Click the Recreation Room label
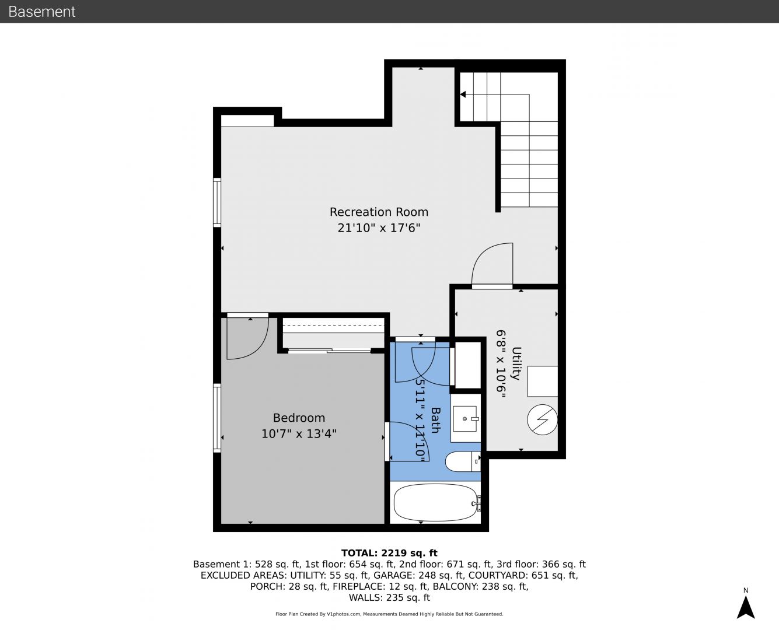379,212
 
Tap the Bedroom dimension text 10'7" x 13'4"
299,434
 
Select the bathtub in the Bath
435,502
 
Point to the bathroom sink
465,419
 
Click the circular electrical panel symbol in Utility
542,419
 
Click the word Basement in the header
41,12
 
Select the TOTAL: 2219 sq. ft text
389,553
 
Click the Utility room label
516,363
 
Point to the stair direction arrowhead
463,94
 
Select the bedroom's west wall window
217,418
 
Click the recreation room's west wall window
217,202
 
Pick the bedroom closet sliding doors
330,351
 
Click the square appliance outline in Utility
542,381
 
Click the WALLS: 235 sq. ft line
389,598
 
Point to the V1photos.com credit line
389,614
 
